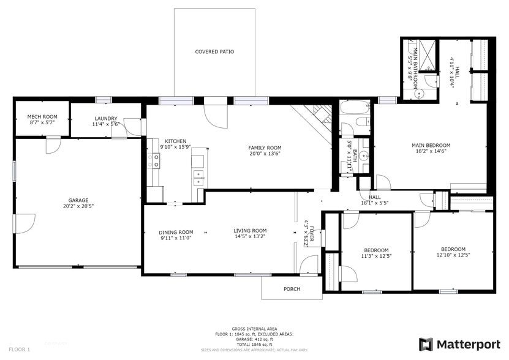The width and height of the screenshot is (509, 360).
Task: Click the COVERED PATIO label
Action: [214, 52]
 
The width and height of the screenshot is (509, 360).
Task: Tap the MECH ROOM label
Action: [42, 116]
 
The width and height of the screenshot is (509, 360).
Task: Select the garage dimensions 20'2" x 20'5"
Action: [78, 206]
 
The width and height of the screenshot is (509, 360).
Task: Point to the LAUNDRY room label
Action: [105, 119]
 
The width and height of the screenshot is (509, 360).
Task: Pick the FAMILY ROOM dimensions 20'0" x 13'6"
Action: [265, 154]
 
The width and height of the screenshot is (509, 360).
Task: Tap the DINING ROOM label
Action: [176, 232]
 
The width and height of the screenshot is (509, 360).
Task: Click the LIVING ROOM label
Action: [250, 231]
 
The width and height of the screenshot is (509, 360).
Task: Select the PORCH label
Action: [292, 289]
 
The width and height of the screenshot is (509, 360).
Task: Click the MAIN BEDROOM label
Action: [431, 145]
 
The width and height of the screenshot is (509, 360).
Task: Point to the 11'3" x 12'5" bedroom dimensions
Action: [376, 256]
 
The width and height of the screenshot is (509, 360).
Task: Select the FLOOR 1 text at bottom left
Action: [20, 349]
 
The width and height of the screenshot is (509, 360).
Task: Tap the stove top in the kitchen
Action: [156, 161]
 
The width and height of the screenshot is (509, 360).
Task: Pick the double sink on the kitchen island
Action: [198, 178]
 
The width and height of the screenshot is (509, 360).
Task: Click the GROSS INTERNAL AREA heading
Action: [254, 329]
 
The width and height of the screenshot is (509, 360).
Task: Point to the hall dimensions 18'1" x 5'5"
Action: [375, 203]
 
